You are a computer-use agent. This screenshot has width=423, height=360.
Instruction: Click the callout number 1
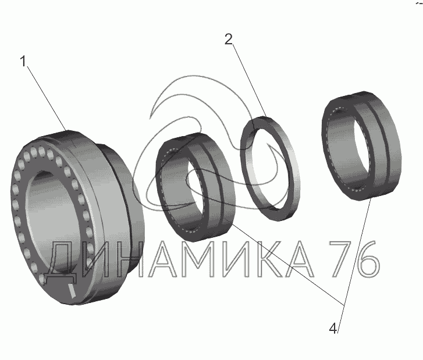23,62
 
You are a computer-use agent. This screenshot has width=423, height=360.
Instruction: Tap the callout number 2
229,40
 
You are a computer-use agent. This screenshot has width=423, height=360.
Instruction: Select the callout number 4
333,329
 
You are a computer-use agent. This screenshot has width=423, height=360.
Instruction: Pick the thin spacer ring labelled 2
270,169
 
